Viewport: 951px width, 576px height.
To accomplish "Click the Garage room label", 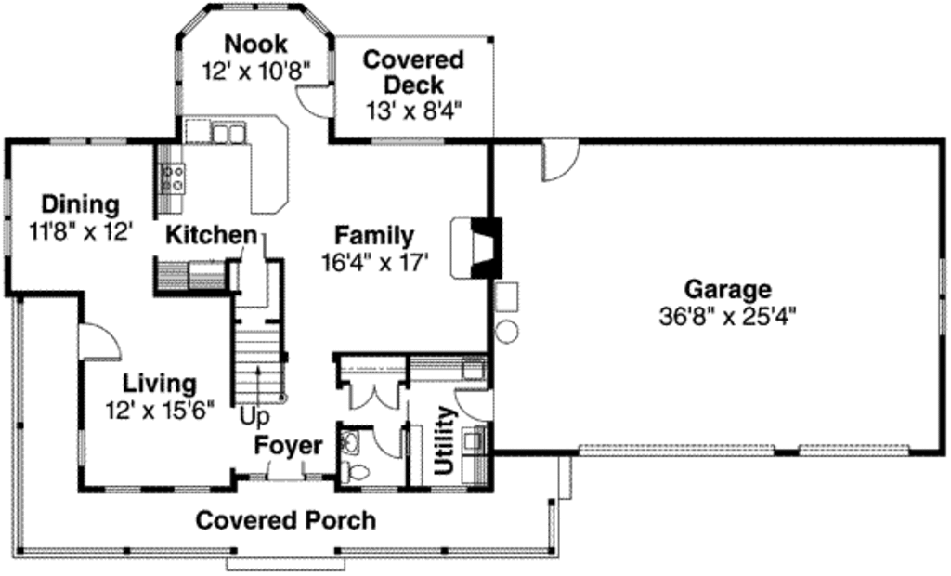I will click(x=727, y=288).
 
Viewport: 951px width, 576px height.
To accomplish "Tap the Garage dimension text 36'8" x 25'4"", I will click(x=727, y=316).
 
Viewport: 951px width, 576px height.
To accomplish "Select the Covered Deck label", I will click(x=412, y=72).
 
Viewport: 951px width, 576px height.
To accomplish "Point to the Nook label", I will click(x=255, y=44).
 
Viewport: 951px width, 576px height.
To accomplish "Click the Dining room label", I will click(x=80, y=203).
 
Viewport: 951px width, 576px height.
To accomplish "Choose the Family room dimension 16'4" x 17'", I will click(x=374, y=262).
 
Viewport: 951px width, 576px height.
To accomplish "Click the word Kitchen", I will click(x=211, y=235).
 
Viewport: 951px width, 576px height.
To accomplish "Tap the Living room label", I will click(x=160, y=383).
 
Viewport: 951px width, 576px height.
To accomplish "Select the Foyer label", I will click(x=289, y=445).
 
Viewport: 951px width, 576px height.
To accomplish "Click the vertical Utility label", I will click(x=445, y=440).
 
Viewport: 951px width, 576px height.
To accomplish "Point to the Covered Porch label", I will click(x=285, y=520).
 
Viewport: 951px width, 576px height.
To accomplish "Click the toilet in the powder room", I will click(x=350, y=452).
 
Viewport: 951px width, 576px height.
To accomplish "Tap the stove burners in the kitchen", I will click(x=173, y=177).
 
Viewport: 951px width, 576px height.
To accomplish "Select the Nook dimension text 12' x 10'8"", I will click(x=255, y=71).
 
